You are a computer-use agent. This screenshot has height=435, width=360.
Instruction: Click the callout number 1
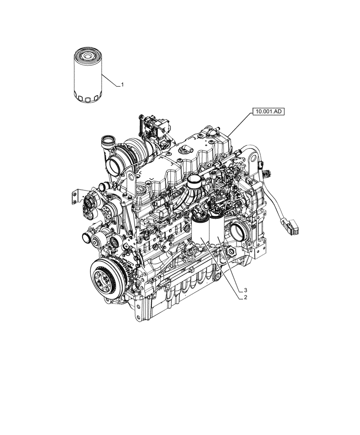coord(123,85)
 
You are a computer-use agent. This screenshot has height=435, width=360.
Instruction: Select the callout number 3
coord(246,289)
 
